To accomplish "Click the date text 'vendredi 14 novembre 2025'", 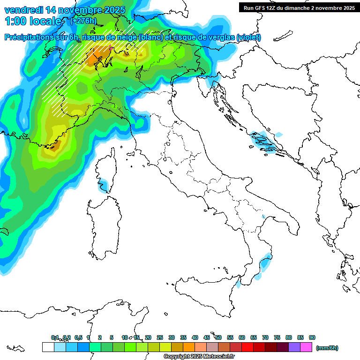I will point(65,10).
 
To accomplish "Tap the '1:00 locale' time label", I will point(33,21).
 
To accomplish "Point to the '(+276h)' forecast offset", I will point(83,21).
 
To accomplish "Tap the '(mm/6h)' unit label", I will point(327,348).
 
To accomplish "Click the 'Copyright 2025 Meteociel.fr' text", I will point(199,357).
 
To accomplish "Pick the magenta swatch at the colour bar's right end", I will point(306,347).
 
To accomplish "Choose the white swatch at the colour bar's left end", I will point(48,347).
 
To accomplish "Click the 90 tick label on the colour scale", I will point(312,337).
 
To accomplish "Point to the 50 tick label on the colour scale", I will point(218,337).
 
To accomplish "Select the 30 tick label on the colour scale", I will point(172,337).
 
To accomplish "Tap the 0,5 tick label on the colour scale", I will point(78,337).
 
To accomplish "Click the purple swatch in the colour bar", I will point(294,347).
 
